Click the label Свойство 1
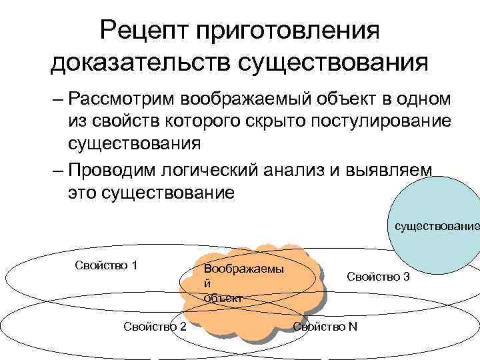[106, 265]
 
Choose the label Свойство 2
[155, 325]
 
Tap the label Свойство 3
[378, 275]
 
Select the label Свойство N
[325, 325]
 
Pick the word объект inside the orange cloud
[223, 297]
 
